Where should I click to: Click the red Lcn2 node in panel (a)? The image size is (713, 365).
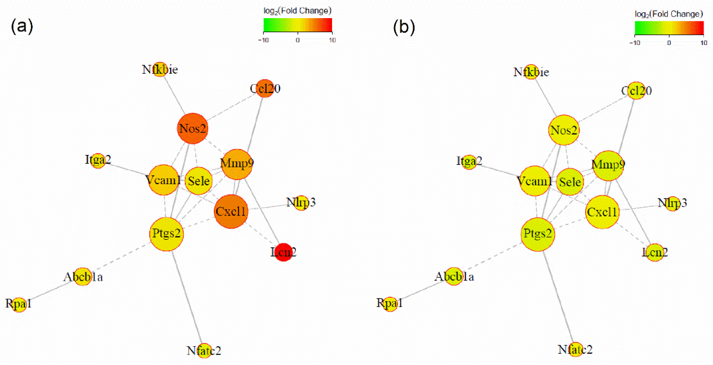point(284,252)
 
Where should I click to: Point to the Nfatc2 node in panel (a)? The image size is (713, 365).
point(204,351)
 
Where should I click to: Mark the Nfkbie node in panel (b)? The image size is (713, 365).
point(531,72)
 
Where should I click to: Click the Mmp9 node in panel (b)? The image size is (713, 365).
point(608,165)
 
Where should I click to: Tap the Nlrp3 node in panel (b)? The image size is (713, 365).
point(672,204)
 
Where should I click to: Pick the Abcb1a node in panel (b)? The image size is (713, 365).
point(454,276)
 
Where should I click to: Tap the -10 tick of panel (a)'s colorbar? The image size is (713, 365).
point(264,40)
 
